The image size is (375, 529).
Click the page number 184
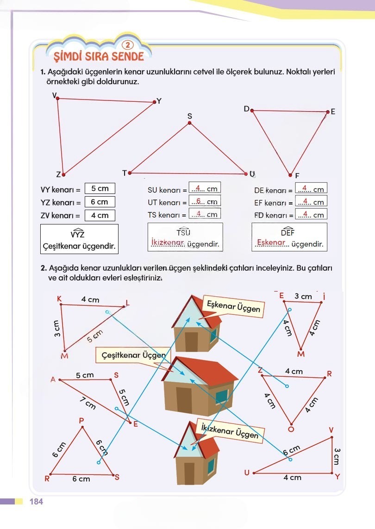(x=36, y=502)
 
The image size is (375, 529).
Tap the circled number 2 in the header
(x=128, y=45)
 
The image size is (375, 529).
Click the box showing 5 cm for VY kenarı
(x=100, y=188)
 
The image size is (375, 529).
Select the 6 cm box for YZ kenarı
(x=100, y=202)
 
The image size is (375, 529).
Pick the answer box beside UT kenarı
(x=205, y=201)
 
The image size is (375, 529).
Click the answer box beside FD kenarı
(x=311, y=214)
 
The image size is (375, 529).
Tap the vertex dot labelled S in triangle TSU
(x=189, y=123)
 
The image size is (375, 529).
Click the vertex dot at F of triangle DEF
(x=290, y=175)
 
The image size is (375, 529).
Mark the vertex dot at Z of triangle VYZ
(x=63, y=174)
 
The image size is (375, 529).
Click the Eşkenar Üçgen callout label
(x=233, y=306)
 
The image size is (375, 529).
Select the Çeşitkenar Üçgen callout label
(x=133, y=355)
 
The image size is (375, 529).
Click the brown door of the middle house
(x=184, y=400)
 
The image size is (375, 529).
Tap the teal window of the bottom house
(x=211, y=466)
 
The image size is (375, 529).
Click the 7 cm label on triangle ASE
(x=88, y=403)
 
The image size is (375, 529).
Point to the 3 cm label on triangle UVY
(x=337, y=456)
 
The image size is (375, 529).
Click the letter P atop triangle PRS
(x=81, y=421)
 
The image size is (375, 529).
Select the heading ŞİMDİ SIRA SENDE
(x=99, y=56)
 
